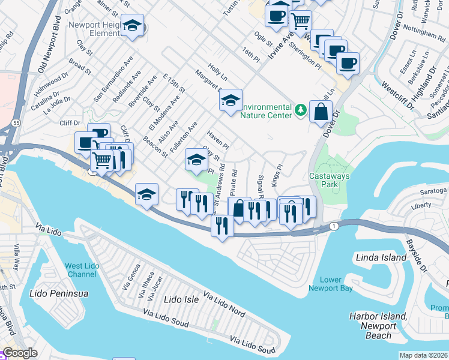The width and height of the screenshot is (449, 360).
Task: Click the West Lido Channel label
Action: point(80,270)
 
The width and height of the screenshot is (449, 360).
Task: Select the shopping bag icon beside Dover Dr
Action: point(321,111)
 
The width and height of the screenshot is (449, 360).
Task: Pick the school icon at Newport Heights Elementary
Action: point(133,26)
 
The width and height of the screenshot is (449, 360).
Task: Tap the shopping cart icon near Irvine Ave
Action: point(300,22)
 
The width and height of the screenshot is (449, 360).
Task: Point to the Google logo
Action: point(20,353)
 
